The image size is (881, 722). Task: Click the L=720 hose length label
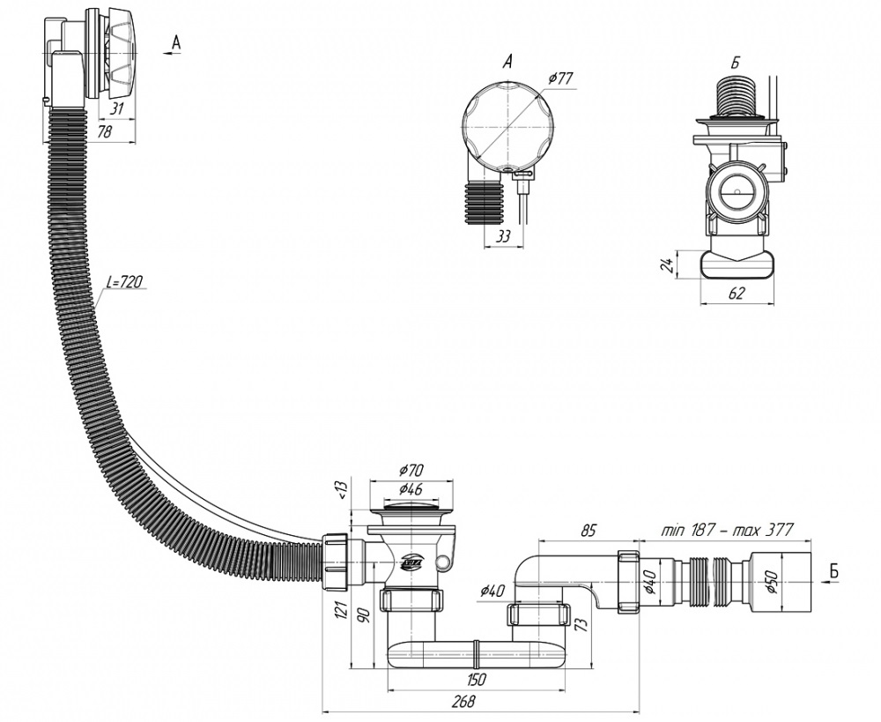pos(124,281)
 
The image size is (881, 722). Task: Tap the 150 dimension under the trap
pos(476,680)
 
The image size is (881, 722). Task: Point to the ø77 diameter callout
pos(559,78)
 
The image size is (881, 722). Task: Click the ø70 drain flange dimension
pos(411,470)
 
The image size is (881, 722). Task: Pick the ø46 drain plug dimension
pos(411,489)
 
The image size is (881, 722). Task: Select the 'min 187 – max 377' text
pos(727,529)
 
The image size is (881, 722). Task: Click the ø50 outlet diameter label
pos(770,582)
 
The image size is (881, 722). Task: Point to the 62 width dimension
pos(737,293)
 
